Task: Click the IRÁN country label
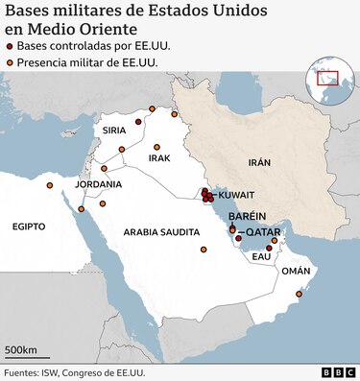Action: (x=259, y=164)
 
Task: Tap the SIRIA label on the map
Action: (x=115, y=130)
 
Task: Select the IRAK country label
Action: (x=159, y=157)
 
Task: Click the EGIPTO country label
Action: (x=30, y=226)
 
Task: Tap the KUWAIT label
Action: (x=238, y=195)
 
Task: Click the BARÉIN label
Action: (x=247, y=217)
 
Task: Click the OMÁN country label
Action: (x=296, y=272)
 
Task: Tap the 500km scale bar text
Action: (x=21, y=348)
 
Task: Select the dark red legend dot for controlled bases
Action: (x=11, y=46)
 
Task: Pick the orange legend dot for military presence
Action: (x=11, y=63)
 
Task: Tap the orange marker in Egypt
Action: (x=50, y=186)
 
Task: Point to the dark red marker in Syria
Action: (x=138, y=123)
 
